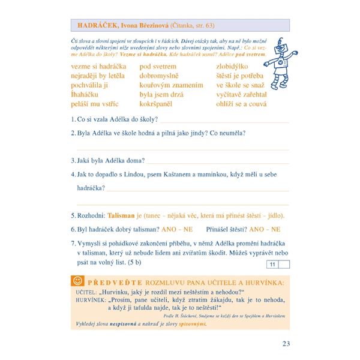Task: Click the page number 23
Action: tap(285, 344)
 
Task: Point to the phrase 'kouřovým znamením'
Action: tap(171, 85)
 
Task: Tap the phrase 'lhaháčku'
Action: tap(88, 95)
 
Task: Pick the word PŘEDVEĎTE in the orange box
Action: tap(113, 281)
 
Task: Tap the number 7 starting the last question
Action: tap(73, 243)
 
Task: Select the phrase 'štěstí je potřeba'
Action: tap(241, 76)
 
